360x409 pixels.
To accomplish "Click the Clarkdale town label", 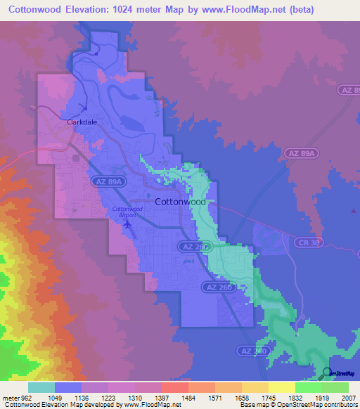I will (x=82, y=122).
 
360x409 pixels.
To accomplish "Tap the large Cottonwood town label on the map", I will (x=180, y=202).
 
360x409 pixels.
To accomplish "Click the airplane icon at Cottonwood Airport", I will (x=127, y=224).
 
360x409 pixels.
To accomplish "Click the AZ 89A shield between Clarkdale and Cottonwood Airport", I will (x=108, y=181).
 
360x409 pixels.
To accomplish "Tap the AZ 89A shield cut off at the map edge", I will (x=349, y=90).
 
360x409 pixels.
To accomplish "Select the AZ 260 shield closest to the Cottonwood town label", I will (x=195, y=247).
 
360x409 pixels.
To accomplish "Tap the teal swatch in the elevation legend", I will (x=41, y=387).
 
